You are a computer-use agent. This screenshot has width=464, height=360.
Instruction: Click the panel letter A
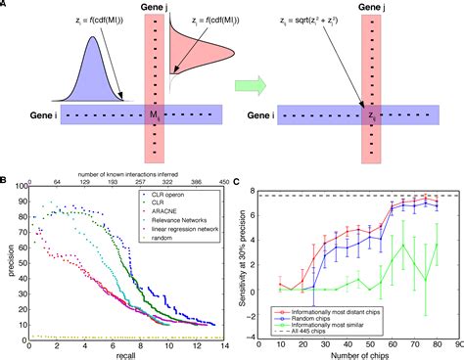pyautogui.click(x=6, y=8)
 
